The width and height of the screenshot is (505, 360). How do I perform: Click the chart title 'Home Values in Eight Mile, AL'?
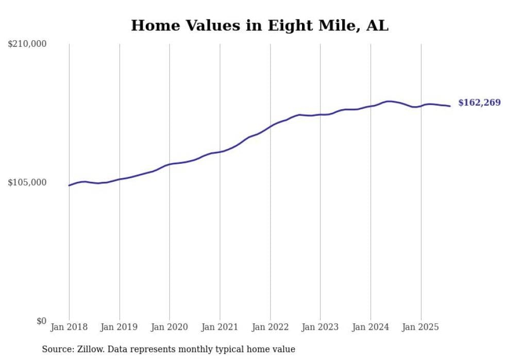click(259, 26)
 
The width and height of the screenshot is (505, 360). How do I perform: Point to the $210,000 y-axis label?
click(27, 44)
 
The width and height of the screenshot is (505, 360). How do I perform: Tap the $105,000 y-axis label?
click(27, 182)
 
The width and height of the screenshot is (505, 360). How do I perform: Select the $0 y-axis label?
click(41, 321)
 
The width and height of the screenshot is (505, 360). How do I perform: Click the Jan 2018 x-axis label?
click(69, 327)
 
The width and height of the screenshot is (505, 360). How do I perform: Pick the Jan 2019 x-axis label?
click(120, 327)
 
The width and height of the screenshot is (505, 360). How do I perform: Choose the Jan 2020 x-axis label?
click(170, 327)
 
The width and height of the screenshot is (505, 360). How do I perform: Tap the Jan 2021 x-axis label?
click(220, 327)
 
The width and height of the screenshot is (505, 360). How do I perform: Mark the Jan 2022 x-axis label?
click(270, 327)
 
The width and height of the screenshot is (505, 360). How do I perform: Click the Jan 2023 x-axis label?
click(321, 327)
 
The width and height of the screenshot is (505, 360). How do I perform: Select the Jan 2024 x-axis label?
click(371, 327)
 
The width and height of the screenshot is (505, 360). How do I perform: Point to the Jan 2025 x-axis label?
click(421, 327)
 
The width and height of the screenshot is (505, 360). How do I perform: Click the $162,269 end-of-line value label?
click(479, 103)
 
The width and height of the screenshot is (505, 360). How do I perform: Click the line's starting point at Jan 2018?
click(69, 185)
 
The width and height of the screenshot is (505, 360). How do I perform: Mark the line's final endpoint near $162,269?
click(450, 106)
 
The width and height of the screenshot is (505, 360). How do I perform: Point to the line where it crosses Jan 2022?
click(270, 126)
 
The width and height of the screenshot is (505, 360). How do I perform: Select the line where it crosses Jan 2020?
click(170, 164)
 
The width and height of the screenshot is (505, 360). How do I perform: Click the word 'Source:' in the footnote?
click(57, 349)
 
